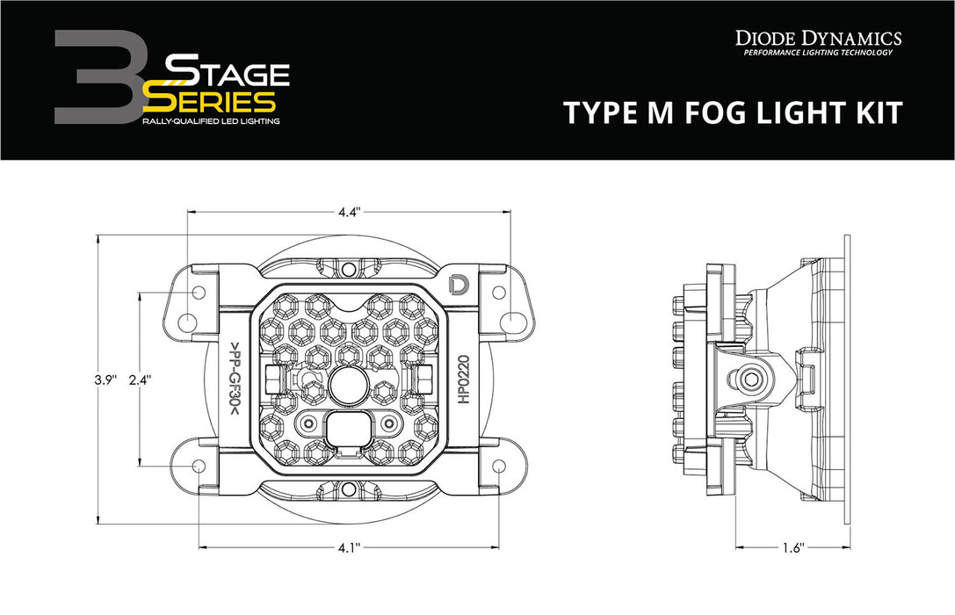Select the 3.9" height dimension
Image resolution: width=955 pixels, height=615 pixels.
(x=106, y=380)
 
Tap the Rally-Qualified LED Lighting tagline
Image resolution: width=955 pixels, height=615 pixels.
(x=211, y=121)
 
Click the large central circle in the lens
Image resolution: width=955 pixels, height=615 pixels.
(x=349, y=383)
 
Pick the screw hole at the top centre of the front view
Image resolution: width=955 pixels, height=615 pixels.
(x=349, y=267)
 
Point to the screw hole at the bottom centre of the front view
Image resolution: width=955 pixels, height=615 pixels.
(x=349, y=490)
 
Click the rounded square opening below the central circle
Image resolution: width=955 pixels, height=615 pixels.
(x=349, y=430)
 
